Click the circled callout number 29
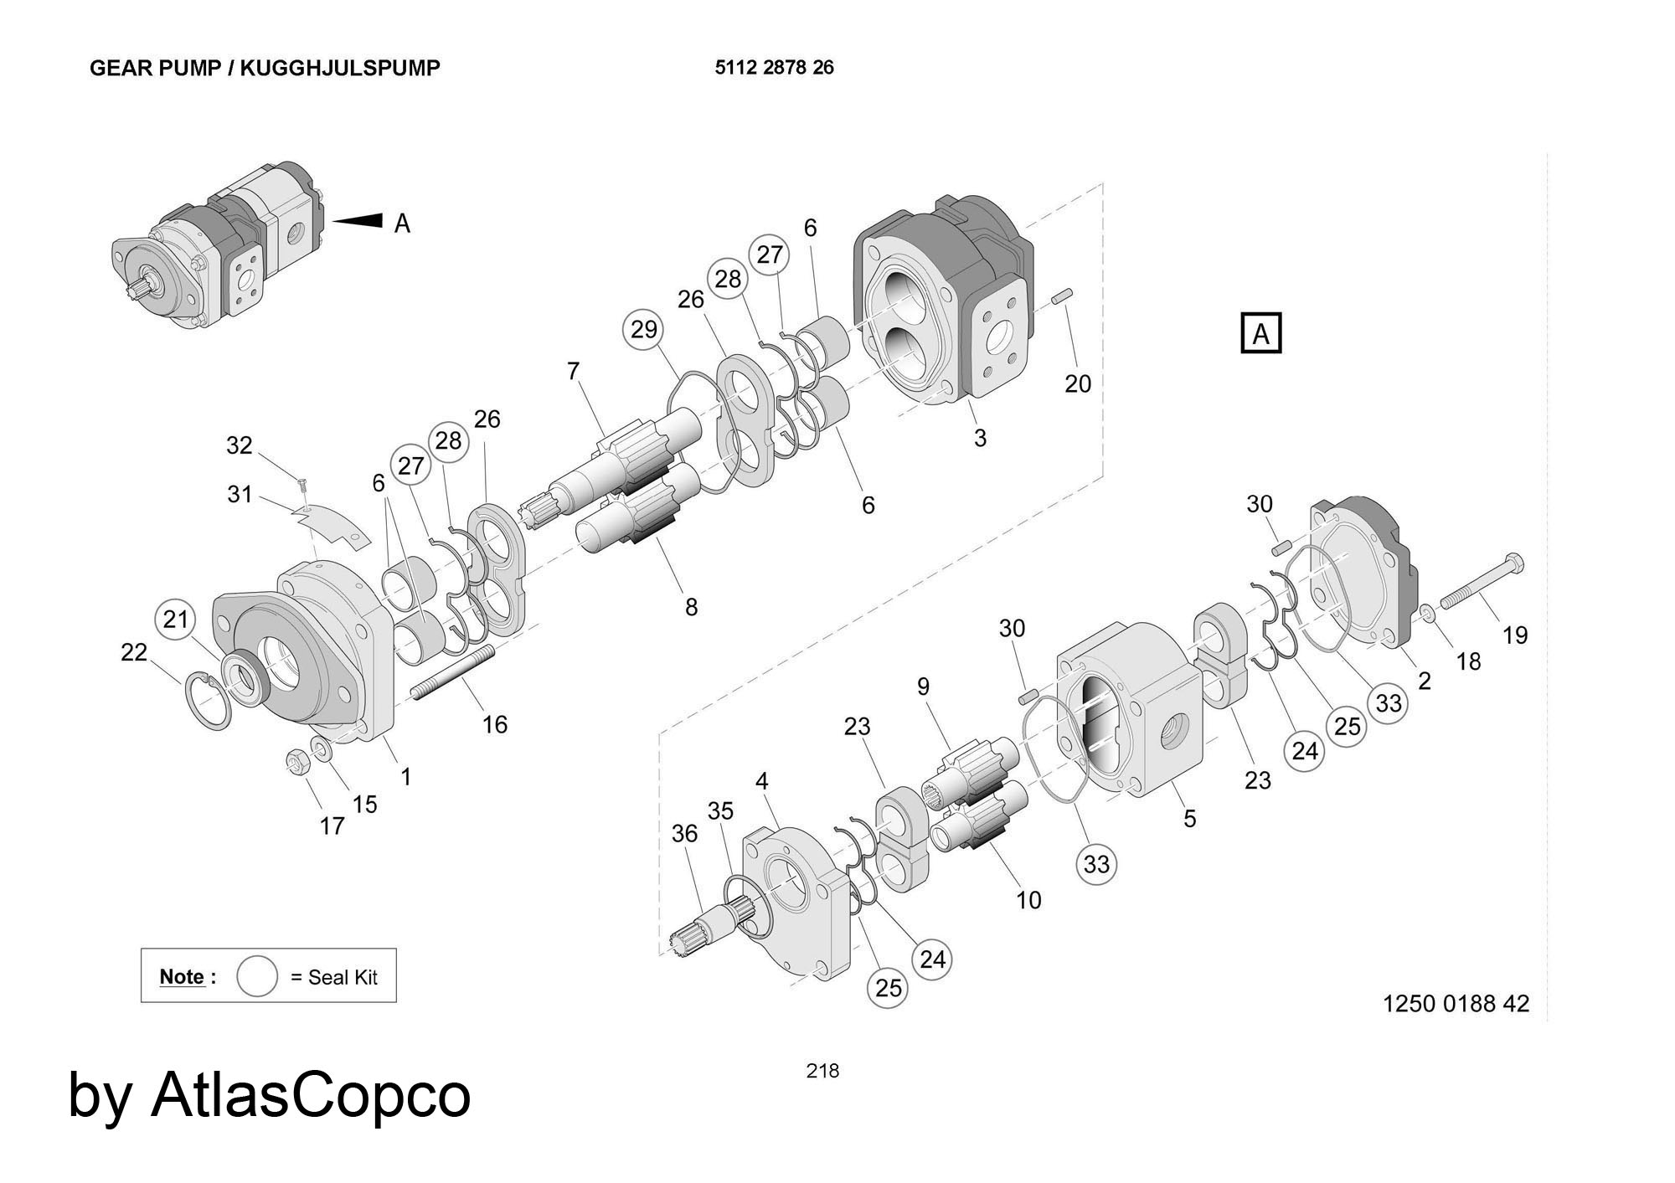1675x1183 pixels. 643,329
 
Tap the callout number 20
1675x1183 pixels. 1078,383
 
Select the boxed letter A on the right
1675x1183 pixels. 1260,333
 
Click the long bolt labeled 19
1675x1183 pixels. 1482,583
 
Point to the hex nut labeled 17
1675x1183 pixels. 296,762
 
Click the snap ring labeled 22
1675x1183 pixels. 206,700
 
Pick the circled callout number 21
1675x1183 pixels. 175,620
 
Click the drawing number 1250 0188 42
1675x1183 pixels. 1456,1003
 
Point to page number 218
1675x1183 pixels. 822,1071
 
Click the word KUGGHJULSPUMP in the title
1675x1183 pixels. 340,68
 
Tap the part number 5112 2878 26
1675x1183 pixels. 775,67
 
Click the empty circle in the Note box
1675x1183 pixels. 257,976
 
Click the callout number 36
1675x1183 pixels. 684,833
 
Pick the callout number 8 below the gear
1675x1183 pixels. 691,607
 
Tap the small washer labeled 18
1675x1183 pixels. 1429,616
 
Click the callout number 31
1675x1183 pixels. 240,495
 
